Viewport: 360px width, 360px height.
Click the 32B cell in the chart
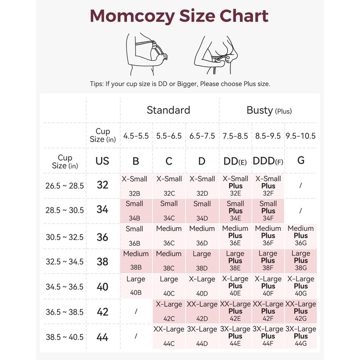point(135,185)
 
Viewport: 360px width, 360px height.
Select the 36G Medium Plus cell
point(301,236)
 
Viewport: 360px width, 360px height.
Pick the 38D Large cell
point(202,261)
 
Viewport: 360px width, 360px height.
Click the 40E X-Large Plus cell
point(235,286)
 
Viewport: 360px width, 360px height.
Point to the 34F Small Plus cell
point(268,211)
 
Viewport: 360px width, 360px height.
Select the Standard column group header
point(168,110)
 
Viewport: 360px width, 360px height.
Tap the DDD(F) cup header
point(268,160)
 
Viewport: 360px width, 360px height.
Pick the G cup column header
point(301,160)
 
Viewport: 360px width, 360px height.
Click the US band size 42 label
point(103,311)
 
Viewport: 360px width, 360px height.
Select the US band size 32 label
point(103,185)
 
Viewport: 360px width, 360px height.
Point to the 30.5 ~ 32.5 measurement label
point(64,236)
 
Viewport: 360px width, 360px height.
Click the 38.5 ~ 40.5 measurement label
point(64,337)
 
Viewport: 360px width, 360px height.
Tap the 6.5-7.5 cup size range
point(202,135)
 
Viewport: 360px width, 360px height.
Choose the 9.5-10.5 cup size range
point(301,135)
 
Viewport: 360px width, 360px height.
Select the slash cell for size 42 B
point(135,311)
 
